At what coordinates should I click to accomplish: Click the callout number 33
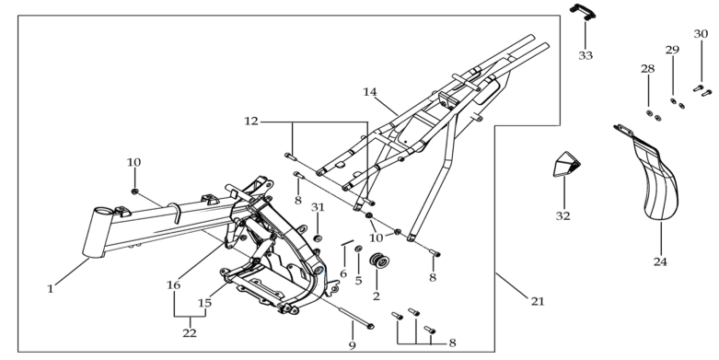pyautogui.click(x=586, y=55)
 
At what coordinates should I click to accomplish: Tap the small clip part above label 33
pyautogui.click(x=583, y=11)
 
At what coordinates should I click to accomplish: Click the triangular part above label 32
pyautogui.click(x=566, y=164)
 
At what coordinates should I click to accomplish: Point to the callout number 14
pyautogui.click(x=370, y=92)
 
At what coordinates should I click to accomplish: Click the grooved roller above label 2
pyautogui.click(x=379, y=261)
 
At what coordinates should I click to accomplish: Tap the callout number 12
pyautogui.click(x=251, y=122)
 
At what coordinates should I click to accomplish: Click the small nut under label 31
pyautogui.click(x=317, y=238)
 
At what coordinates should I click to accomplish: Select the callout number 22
pyautogui.click(x=190, y=333)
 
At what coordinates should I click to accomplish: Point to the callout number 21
pyautogui.click(x=538, y=301)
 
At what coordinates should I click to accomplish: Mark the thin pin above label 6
pyautogui.click(x=347, y=242)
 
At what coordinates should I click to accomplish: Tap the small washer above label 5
pyautogui.click(x=359, y=249)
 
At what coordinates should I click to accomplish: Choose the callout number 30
pyautogui.click(x=701, y=34)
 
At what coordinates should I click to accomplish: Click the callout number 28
pyautogui.click(x=648, y=69)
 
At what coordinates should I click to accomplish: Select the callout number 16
pyautogui.click(x=173, y=285)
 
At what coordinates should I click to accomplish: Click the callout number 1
pyautogui.click(x=51, y=289)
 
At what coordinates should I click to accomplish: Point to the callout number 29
pyautogui.click(x=672, y=50)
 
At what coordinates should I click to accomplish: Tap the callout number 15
pyautogui.click(x=205, y=303)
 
